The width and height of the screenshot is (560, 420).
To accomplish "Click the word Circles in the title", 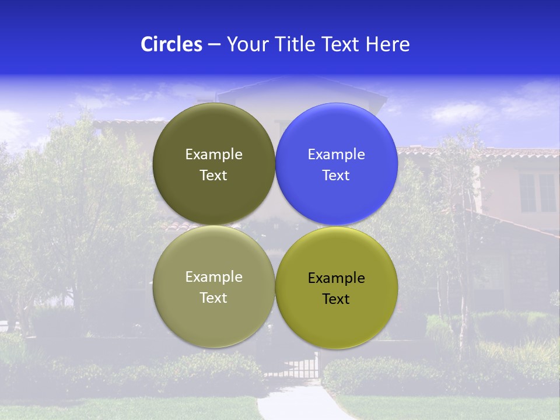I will (171, 44).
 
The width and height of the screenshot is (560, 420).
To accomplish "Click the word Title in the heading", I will (293, 44).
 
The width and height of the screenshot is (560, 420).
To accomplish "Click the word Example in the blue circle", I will (337, 155).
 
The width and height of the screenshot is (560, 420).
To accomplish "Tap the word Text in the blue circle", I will (336, 176).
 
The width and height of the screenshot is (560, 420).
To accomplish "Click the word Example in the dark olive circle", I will (213, 155).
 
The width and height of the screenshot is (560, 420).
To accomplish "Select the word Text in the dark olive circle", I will (213, 176).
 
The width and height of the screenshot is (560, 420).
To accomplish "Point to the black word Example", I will (337, 278).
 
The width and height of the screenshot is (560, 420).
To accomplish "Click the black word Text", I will (336, 299).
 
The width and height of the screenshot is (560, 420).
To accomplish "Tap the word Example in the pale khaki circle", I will (213, 277).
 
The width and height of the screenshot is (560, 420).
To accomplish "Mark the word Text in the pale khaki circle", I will (213, 298).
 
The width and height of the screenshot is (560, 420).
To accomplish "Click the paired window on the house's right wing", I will (537, 192).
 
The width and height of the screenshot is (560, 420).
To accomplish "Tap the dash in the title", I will (214, 45).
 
